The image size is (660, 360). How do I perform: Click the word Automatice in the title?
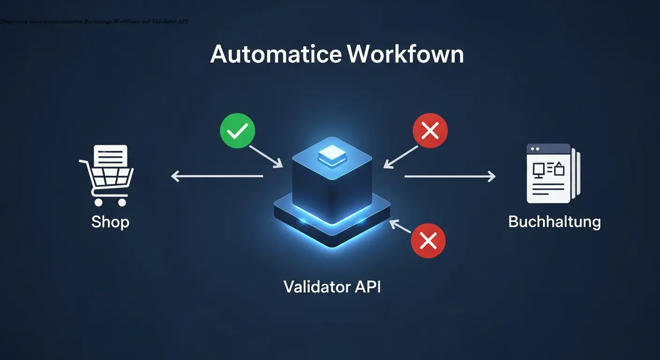coord(276,55)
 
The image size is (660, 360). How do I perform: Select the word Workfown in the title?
coord(405,55)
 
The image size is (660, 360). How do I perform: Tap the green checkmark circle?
coord(237,130)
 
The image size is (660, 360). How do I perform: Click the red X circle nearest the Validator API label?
coord(428,241)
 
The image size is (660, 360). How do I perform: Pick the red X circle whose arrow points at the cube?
coord(430,131)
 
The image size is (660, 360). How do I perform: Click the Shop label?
coord(110,221)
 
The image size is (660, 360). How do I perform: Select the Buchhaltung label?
coord(554,221)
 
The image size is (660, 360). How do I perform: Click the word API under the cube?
coord(368,286)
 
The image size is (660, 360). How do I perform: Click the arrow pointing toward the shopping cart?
coord(217,176)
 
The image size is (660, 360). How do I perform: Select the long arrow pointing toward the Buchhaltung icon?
coord(450,176)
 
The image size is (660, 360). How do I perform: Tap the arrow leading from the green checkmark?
coord(265,156)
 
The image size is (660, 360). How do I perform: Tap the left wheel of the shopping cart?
coord(98,202)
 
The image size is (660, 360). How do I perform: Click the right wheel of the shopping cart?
coord(122,202)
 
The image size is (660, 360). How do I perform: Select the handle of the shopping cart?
coord(83,162)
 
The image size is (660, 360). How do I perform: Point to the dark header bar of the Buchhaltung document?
coord(548,149)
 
